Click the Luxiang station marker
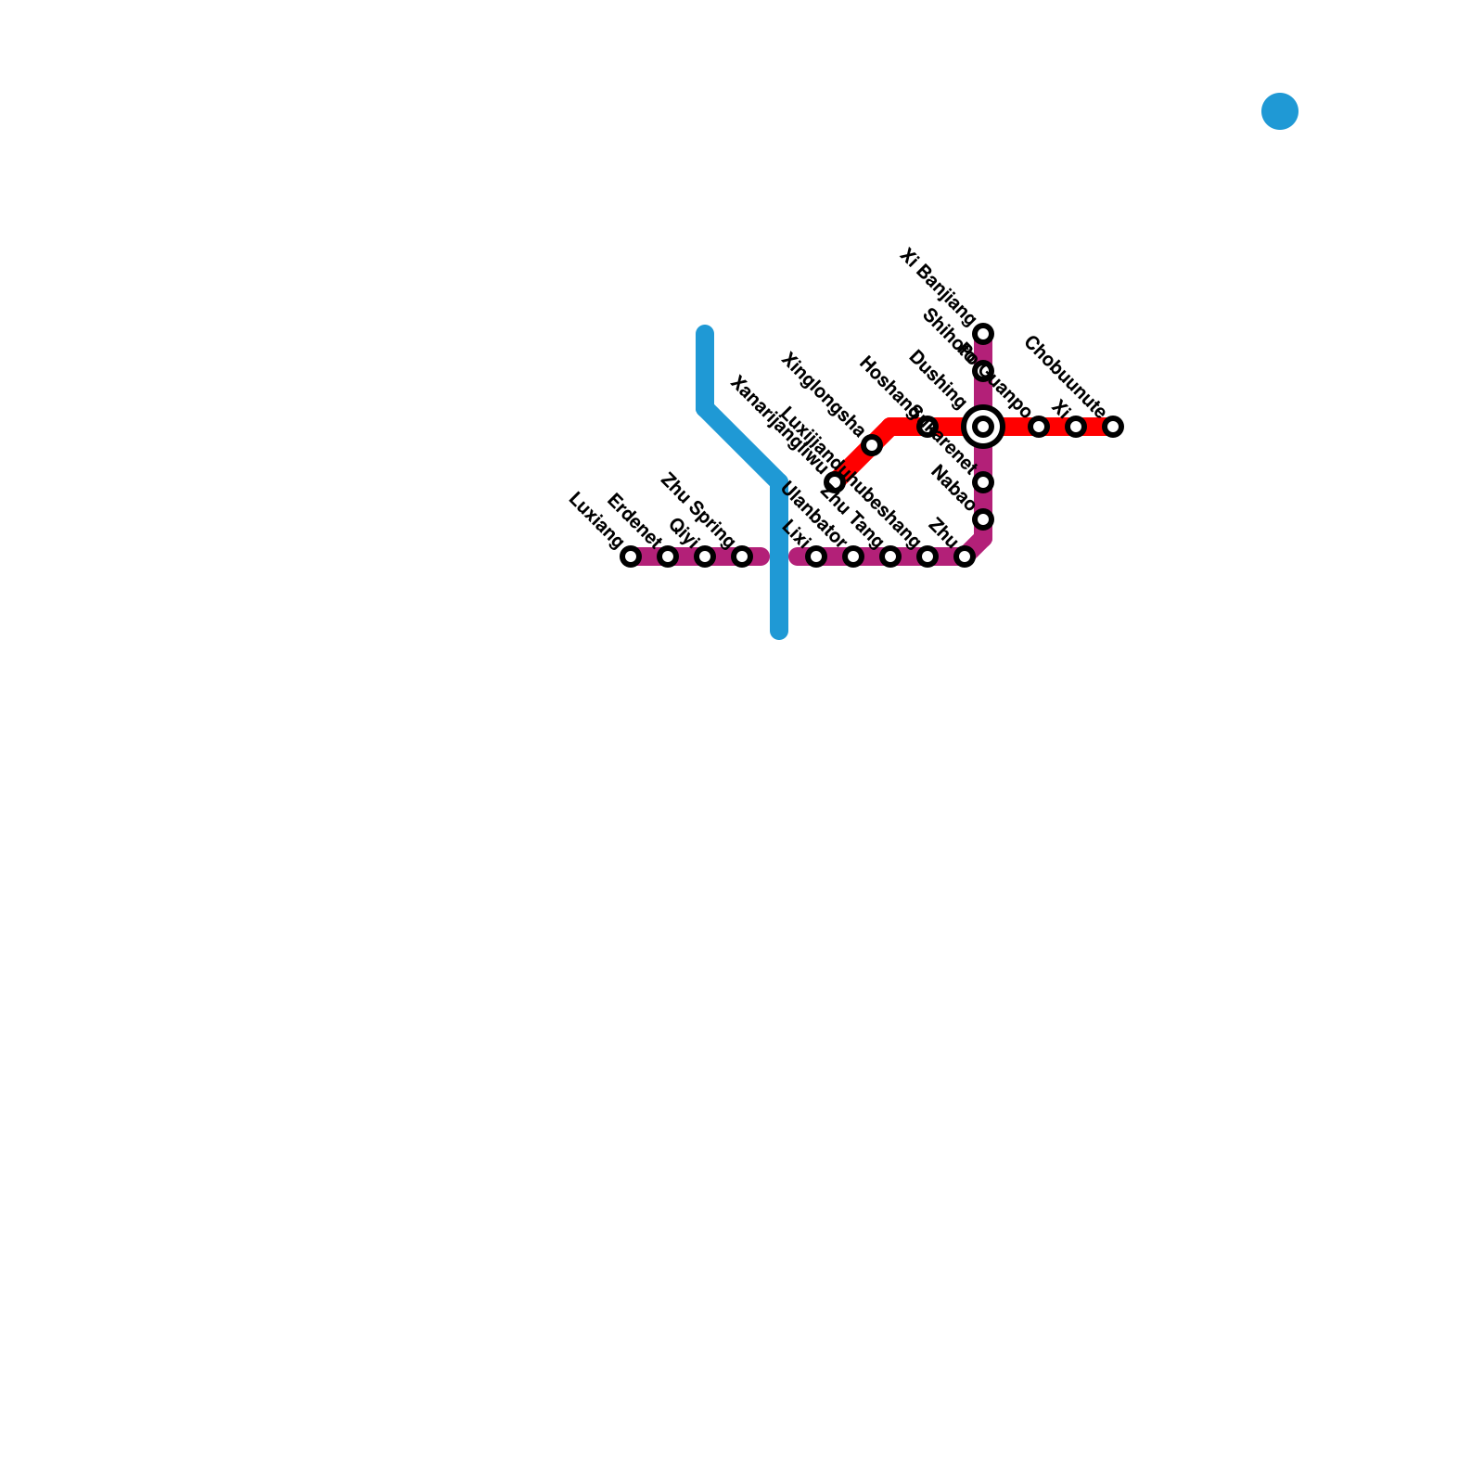[631, 556]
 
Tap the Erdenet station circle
[668, 556]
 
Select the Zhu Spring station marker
[742, 556]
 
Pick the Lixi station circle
[816, 556]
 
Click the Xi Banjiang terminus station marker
[984, 334]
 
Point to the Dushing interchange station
[984, 427]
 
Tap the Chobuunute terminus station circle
[1113, 427]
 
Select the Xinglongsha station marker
[872, 445]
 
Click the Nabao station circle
[984, 519]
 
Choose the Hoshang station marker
[927, 427]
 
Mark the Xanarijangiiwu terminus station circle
[835, 482]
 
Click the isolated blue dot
[1280, 111]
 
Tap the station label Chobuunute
[1064, 377]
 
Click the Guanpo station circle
[1039, 427]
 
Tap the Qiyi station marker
[705, 556]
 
